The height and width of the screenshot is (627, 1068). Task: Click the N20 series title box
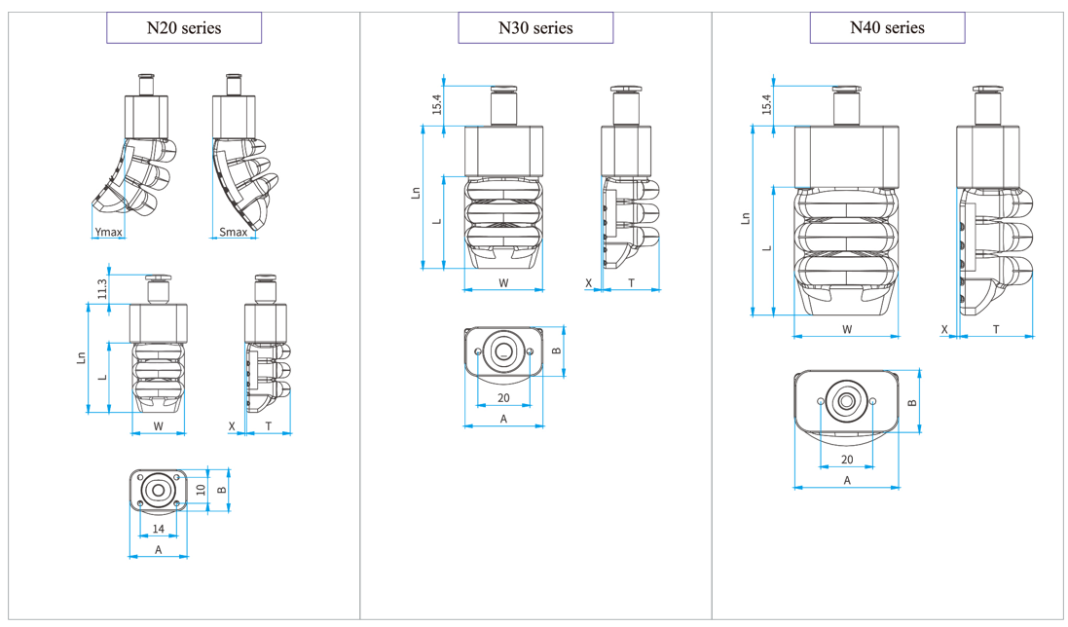click(184, 27)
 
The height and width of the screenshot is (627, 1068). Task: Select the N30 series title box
click(535, 27)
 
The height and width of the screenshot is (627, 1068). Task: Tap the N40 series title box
click(887, 27)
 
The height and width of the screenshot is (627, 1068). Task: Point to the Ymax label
click(108, 232)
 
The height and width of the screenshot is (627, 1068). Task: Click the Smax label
click(233, 232)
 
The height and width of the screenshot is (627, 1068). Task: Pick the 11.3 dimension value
click(101, 288)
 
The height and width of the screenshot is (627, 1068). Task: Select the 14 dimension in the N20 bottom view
click(158, 529)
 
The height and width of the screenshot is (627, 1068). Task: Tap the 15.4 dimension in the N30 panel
click(437, 102)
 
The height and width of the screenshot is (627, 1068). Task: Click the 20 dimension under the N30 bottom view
click(504, 397)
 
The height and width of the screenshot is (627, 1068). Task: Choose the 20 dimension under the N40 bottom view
click(847, 460)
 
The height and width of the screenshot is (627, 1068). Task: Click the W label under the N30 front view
click(503, 283)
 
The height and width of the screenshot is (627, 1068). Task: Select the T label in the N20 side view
click(269, 426)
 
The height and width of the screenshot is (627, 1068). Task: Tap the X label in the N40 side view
click(944, 330)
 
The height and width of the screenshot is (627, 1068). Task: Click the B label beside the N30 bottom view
click(556, 351)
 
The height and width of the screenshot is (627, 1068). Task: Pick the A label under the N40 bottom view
click(847, 481)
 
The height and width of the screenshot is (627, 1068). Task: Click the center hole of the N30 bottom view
click(504, 351)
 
